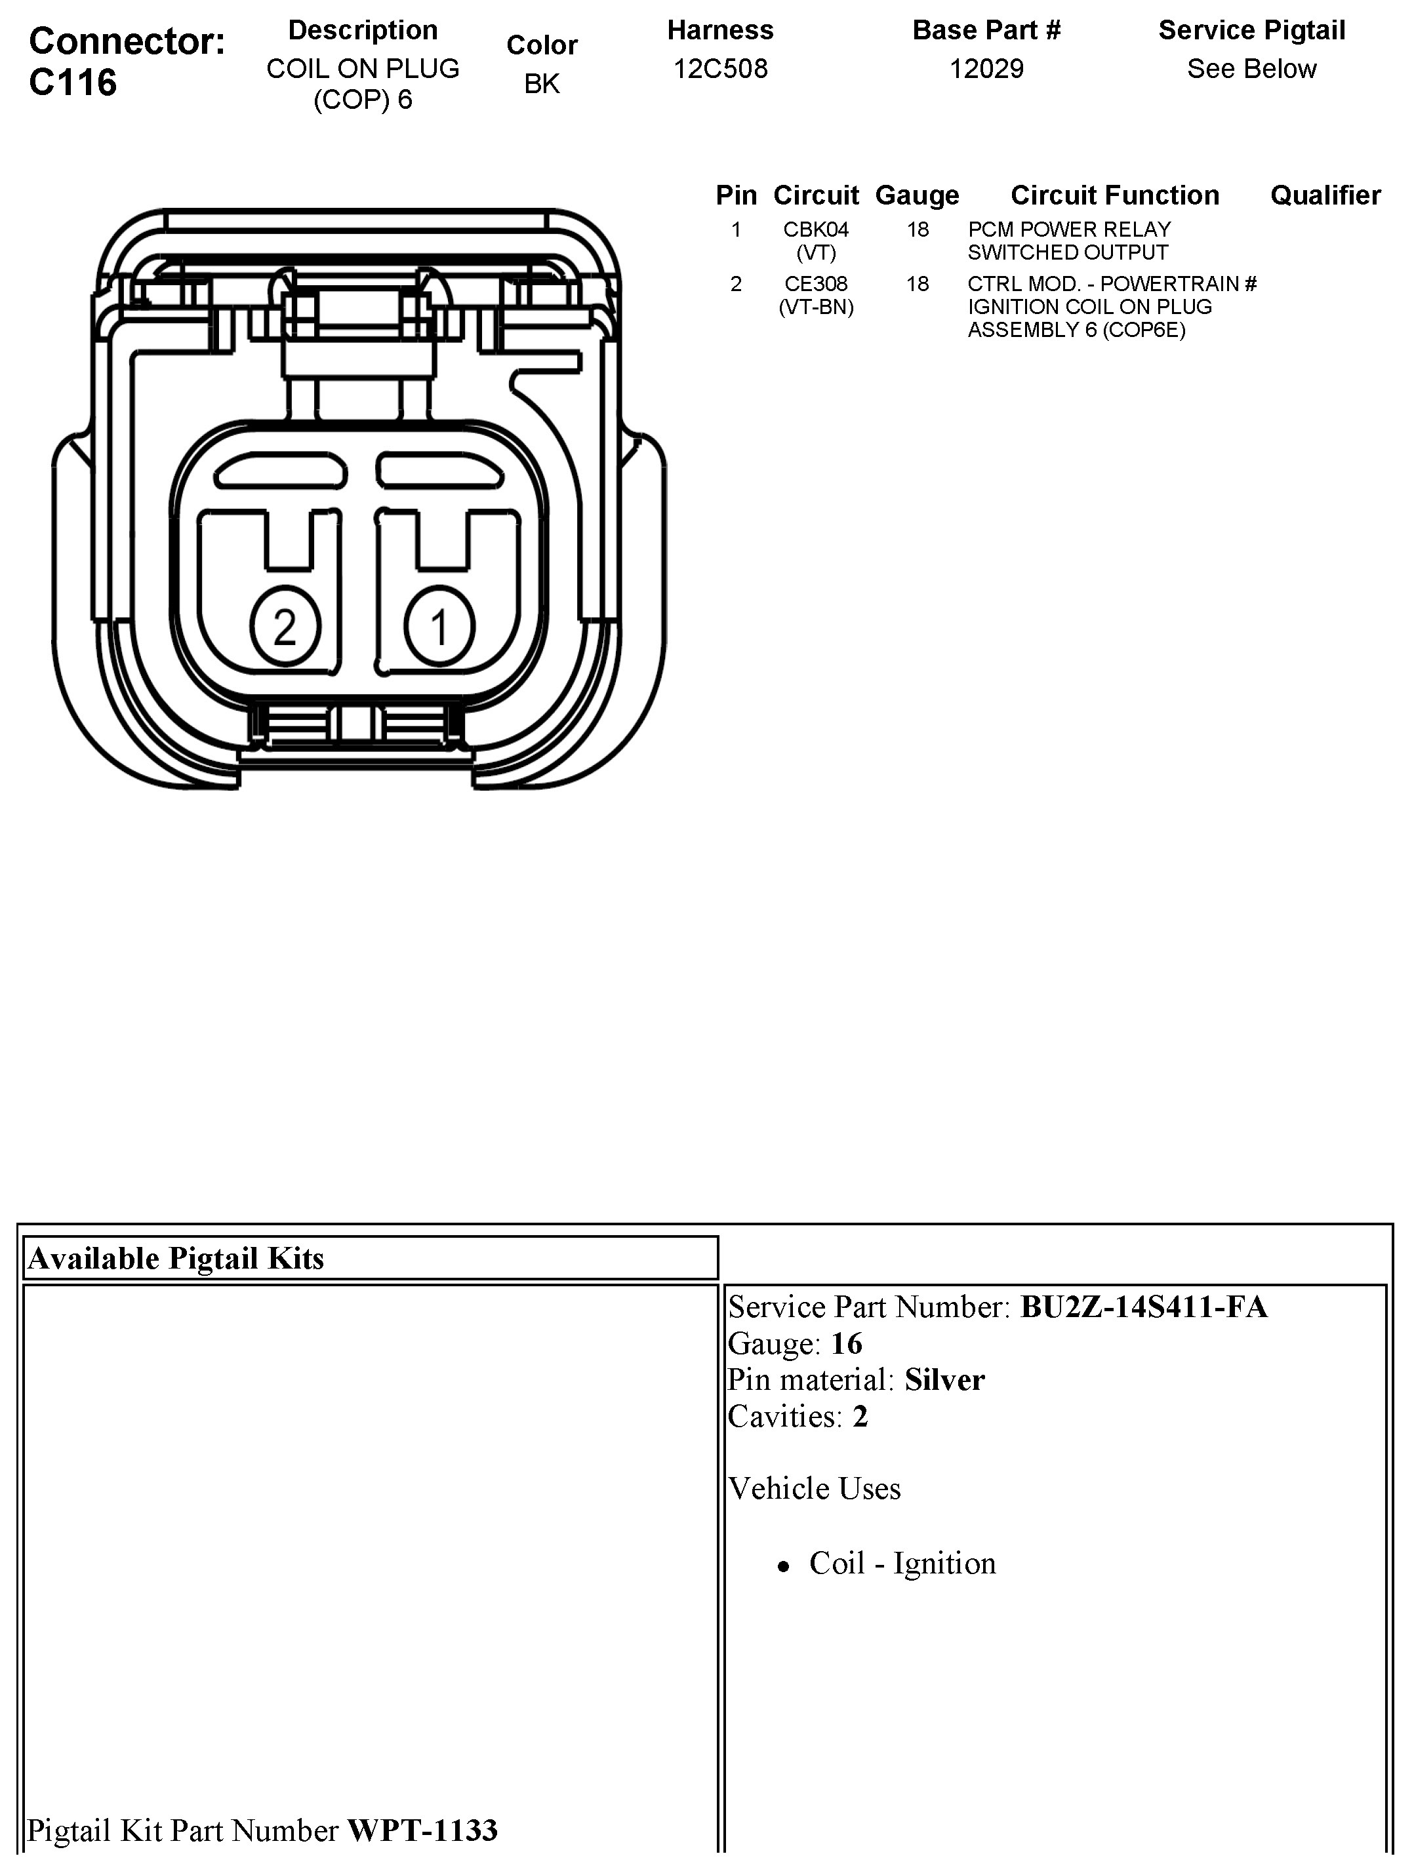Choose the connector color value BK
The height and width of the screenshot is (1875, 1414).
tap(542, 84)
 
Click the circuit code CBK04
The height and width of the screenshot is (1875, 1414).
tap(815, 229)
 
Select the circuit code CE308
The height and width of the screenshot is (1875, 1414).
tap(815, 284)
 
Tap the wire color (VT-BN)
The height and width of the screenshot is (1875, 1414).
tap(815, 307)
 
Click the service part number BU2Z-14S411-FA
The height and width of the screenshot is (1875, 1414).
tap(1144, 1307)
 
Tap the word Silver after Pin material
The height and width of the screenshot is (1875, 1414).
tap(944, 1380)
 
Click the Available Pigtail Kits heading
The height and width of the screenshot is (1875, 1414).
tap(176, 1259)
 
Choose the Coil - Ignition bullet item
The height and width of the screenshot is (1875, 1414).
tap(902, 1563)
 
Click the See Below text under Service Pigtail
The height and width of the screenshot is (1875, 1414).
tap(1251, 69)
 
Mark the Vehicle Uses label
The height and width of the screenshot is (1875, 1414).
tap(814, 1488)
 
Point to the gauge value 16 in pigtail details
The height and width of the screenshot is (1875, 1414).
tap(846, 1343)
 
